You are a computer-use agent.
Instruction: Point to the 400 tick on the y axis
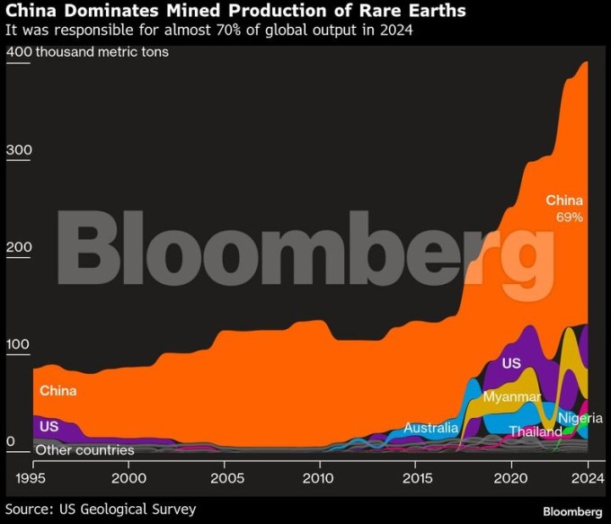[19, 51]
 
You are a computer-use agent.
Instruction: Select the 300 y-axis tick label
[19, 149]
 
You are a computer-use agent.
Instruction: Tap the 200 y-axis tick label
[19, 247]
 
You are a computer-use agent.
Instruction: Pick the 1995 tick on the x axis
[33, 477]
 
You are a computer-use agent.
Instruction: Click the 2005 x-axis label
[225, 477]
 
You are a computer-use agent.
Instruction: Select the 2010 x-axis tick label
[321, 477]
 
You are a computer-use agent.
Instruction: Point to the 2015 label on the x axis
[416, 477]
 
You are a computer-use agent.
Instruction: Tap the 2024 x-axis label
[587, 477]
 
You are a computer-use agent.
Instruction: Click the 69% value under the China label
[570, 218]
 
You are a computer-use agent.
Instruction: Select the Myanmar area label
[511, 396]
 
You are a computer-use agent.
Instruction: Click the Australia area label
[431, 428]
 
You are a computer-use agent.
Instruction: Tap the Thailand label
[536, 431]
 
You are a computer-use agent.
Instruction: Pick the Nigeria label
[580, 418]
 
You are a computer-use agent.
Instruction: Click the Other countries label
[84, 449]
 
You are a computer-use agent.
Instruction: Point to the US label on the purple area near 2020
[511, 363]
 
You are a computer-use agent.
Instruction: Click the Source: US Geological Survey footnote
[101, 510]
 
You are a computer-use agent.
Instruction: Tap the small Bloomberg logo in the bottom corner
[572, 511]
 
